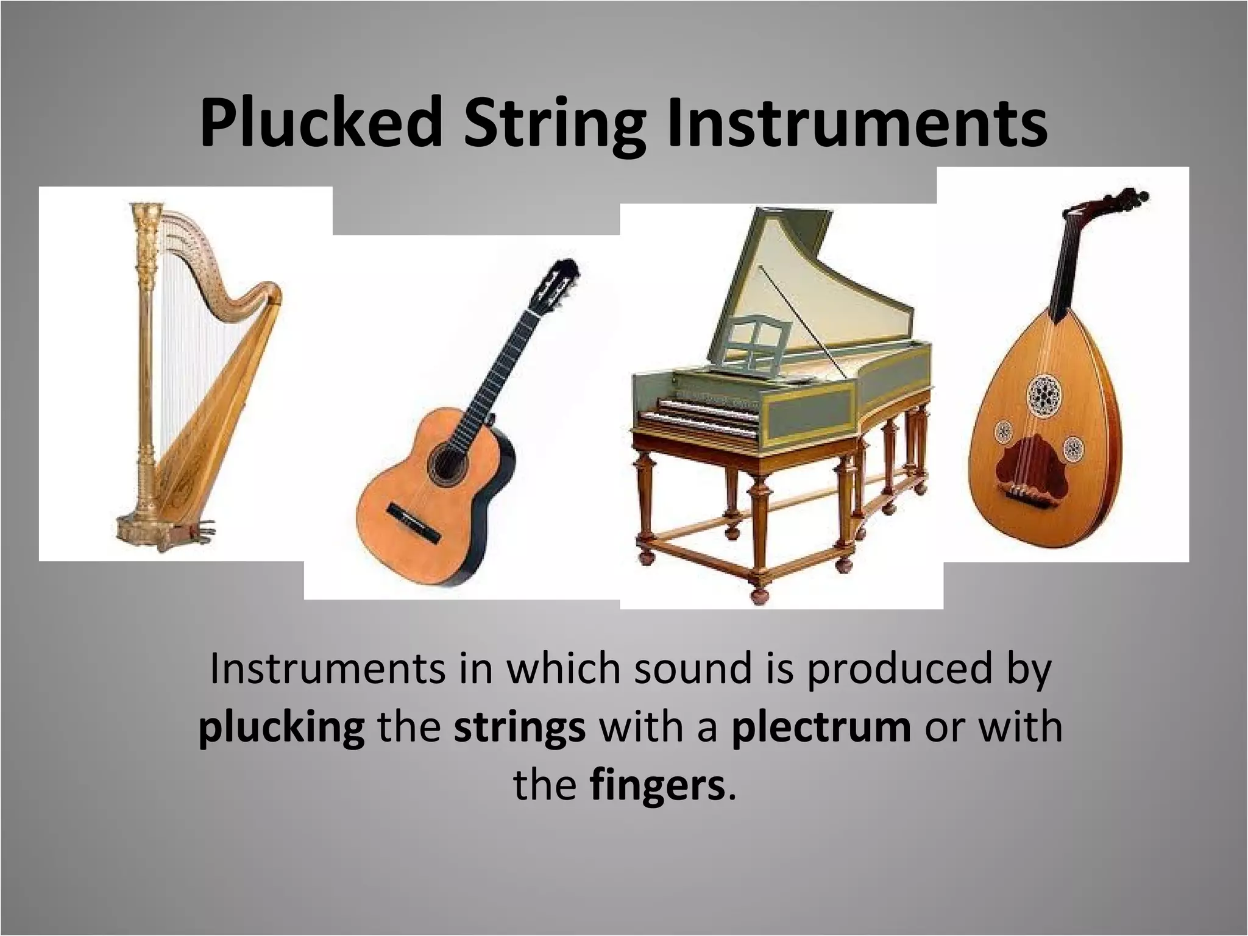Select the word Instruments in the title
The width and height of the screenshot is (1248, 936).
pyautogui.click(x=857, y=124)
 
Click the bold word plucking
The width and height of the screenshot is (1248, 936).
pyautogui.click(x=282, y=728)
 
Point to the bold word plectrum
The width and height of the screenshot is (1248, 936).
pyautogui.click(x=821, y=728)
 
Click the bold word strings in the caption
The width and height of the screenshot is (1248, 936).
pyautogui.click(x=519, y=728)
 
